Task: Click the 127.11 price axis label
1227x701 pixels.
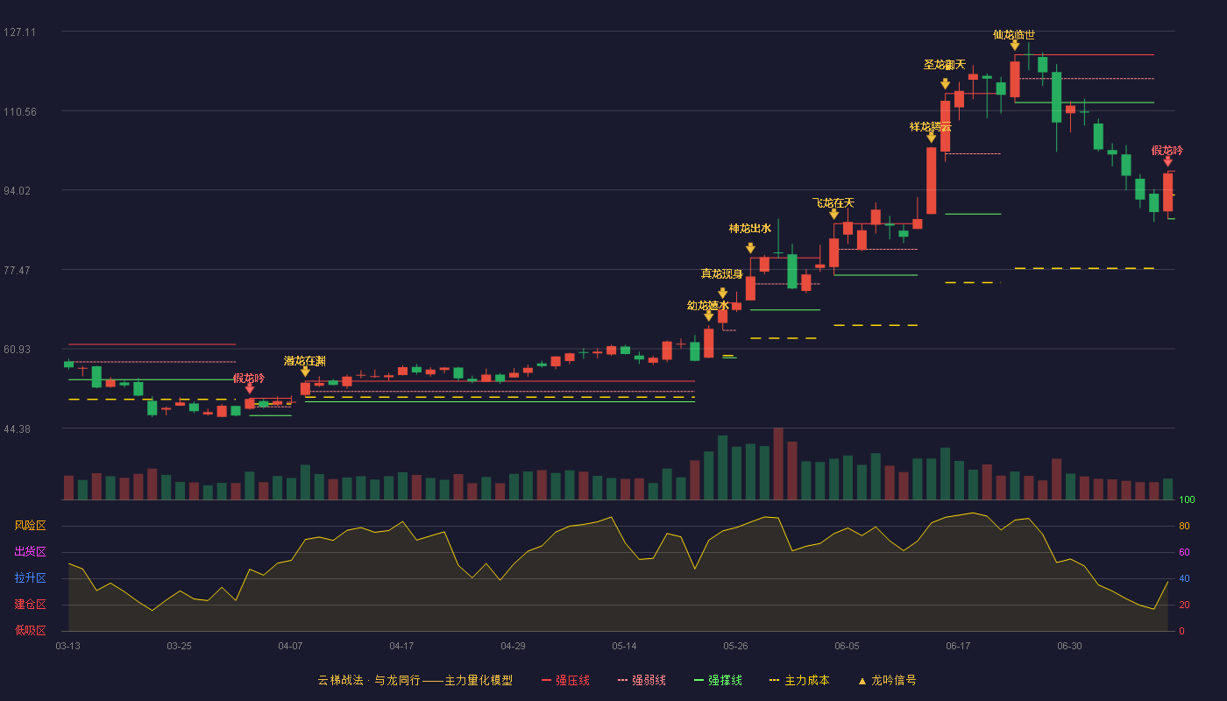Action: pyautogui.click(x=19, y=32)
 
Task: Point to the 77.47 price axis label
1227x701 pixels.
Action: pyautogui.click(x=17, y=271)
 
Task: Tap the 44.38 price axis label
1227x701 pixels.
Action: pyautogui.click(x=17, y=429)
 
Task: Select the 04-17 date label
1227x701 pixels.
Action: pyautogui.click(x=401, y=647)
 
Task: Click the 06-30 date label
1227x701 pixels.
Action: pyautogui.click(x=1069, y=647)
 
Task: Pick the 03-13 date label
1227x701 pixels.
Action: pyautogui.click(x=68, y=647)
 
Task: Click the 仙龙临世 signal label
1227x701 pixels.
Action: pyautogui.click(x=1014, y=35)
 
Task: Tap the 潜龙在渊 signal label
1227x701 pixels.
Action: pyautogui.click(x=305, y=361)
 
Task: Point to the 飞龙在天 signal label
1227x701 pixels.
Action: pyautogui.click(x=833, y=203)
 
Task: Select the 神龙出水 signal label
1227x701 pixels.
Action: pyautogui.click(x=750, y=229)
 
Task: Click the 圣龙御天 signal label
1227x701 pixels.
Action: pyautogui.click(x=945, y=65)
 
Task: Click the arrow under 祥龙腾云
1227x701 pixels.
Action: pyautogui.click(x=931, y=138)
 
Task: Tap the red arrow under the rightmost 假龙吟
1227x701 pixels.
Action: pyautogui.click(x=1167, y=161)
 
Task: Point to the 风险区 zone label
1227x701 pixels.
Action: pyautogui.click(x=30, y=526)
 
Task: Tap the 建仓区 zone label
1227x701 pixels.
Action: pyautogui.click(x=30, y=605)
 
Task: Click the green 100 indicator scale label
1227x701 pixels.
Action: pyautogui.click(x=1187, y=499)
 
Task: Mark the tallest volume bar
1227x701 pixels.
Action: pyautogui.click(x=778, y=464)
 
